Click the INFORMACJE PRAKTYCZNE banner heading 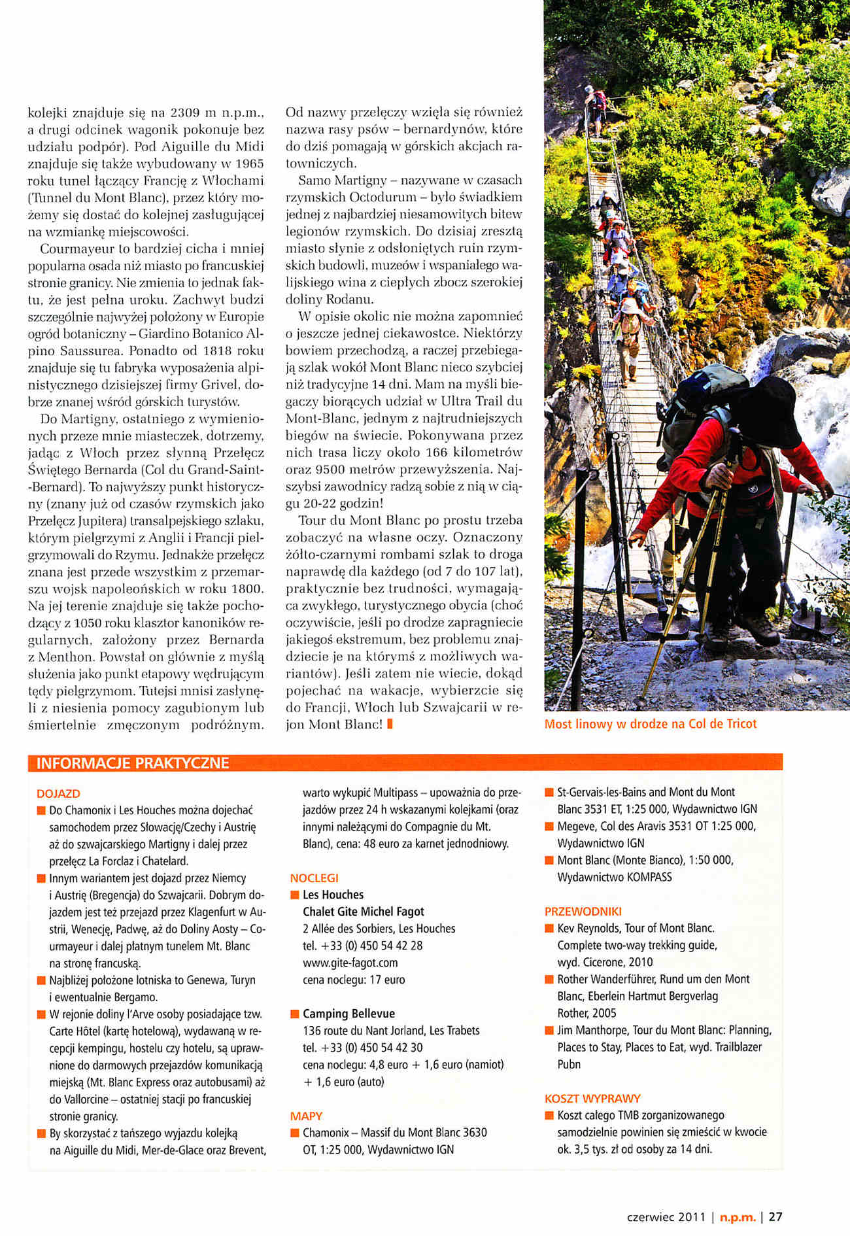point(133,763)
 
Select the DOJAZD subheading point(59,793)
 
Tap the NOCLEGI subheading point(314,878)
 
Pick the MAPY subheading point(306,1116)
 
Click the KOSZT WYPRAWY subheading point(592,1098)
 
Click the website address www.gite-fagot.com point(350,963)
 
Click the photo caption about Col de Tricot point(651,724)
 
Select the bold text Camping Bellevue point(348,1014)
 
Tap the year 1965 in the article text point(250,163)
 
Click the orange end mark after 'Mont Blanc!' point(390,724)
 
